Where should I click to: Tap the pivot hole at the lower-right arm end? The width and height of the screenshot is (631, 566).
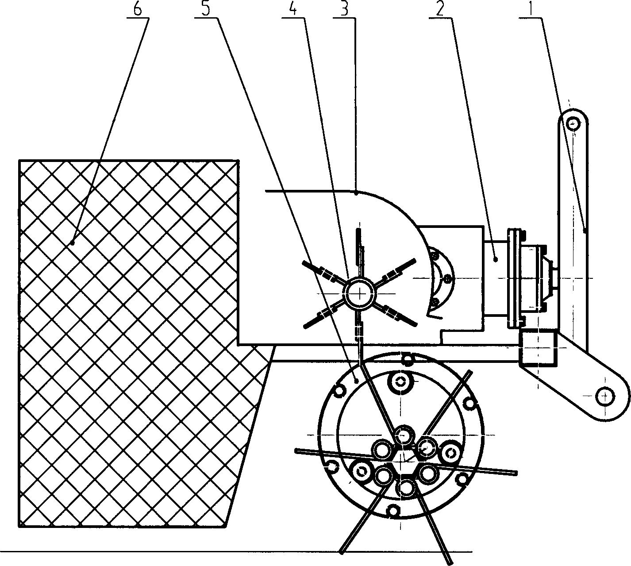point(604,396)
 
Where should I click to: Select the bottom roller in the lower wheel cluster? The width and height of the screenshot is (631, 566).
point(406,488)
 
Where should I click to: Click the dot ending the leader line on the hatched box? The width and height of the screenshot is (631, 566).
point(72,243)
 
